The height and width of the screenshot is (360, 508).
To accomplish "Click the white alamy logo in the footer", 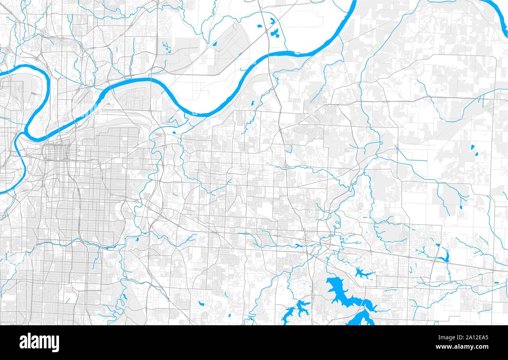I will click(39, 342).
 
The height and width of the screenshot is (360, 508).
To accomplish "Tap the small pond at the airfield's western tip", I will click(215, 43).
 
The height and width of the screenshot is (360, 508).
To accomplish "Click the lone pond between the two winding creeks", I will click(252, 103).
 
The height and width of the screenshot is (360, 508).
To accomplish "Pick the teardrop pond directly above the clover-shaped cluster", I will click(272, 20).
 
